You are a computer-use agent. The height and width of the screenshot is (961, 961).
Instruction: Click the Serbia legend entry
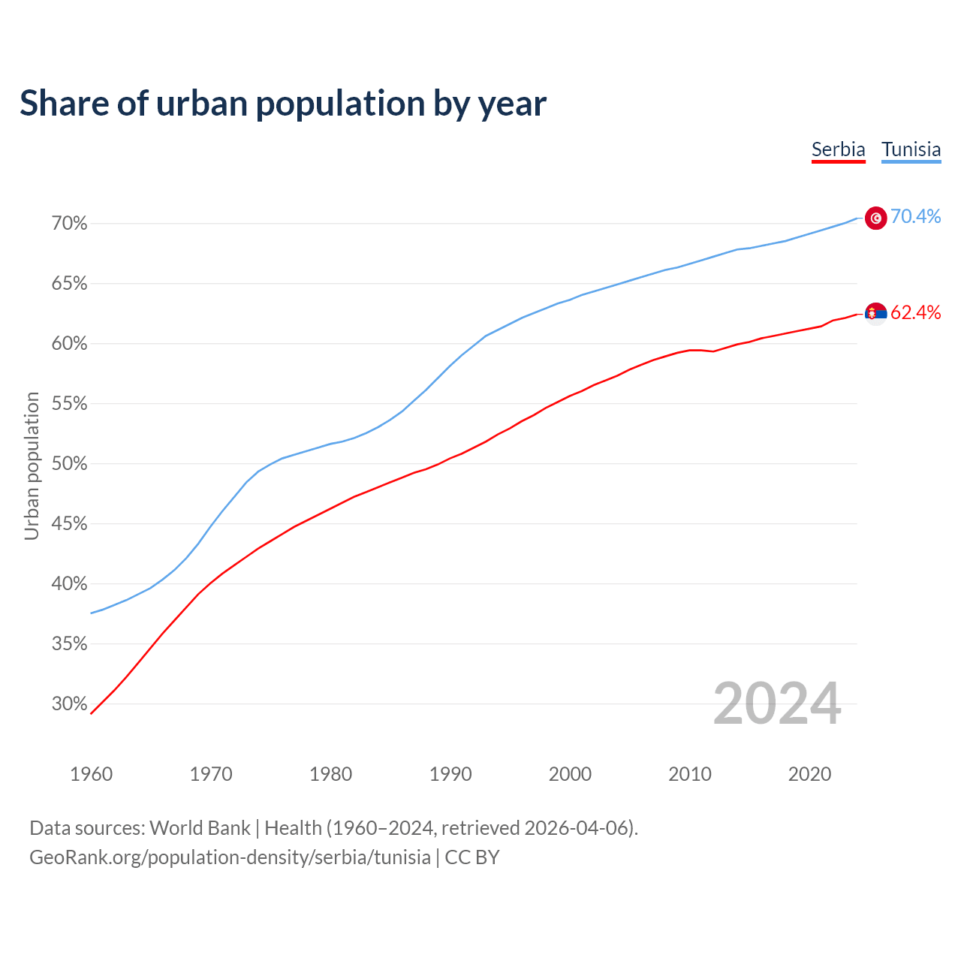[x=838, y=149]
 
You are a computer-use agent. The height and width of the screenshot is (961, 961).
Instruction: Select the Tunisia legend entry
[x=911, y=149]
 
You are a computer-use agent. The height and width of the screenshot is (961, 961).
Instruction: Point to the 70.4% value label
[x=915, y=216]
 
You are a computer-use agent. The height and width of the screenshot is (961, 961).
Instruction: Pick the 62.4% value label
[x=915, y=312]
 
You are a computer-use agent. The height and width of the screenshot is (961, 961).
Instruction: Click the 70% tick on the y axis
[x=70, y=224]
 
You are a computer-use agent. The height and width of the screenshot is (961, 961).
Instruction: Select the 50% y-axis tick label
[x=70, y=464]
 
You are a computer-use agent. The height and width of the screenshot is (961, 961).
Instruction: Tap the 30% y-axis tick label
[x=70, y=704]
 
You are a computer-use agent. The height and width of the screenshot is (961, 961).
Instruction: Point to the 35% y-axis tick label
[x=70, y=644]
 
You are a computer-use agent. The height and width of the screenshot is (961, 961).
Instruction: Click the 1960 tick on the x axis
[x=91, y=774]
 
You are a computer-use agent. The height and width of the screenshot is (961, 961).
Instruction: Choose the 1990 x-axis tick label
[x=450, y=774]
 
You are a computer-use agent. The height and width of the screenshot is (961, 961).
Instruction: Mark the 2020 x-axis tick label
[x=809, y=774]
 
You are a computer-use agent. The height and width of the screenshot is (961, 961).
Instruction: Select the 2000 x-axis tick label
[x=570, y=774]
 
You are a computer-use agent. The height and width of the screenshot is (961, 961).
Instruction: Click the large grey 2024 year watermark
[x=777, y=703]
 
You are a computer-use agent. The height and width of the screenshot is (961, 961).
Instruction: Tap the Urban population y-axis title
[x=32, y=465]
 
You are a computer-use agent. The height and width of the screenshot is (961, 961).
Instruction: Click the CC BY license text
[x=472, y=857]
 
